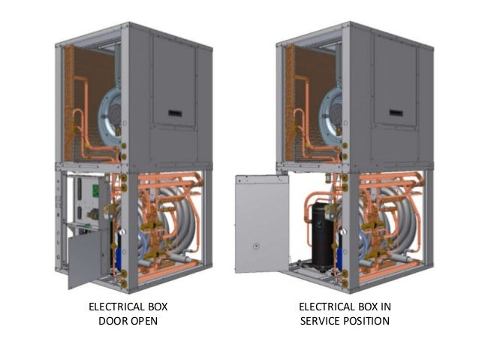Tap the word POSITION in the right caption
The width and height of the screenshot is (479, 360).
[x=367, y=321]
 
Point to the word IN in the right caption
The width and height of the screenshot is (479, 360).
[x=386, y=307]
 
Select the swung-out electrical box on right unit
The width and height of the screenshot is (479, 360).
[x=261, y=224]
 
